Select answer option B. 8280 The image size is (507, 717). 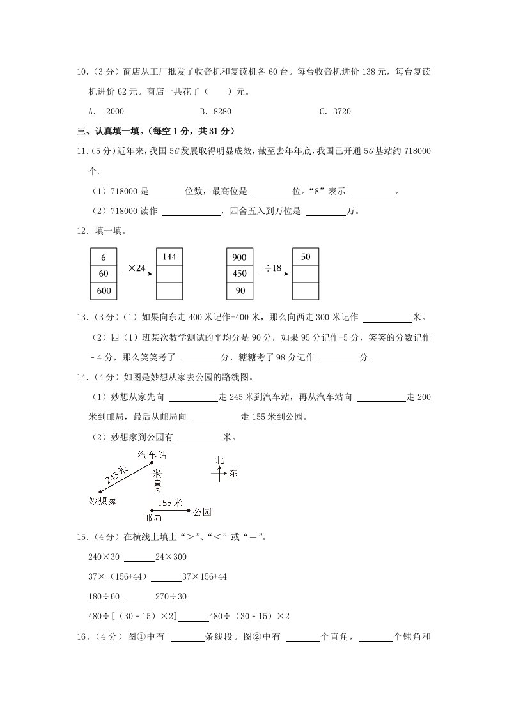[215, 111]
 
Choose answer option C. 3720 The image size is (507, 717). [334, 111]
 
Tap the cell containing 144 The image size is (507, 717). [169, 257]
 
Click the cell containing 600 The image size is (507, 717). [104, 291]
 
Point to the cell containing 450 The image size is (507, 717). [239, 274]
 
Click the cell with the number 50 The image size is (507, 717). [305, 257]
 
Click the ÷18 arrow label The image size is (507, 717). [272, 267]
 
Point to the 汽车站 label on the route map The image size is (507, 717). [152, 454]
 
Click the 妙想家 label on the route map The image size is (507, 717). [103, 500]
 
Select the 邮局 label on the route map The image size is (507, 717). [152, 517]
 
